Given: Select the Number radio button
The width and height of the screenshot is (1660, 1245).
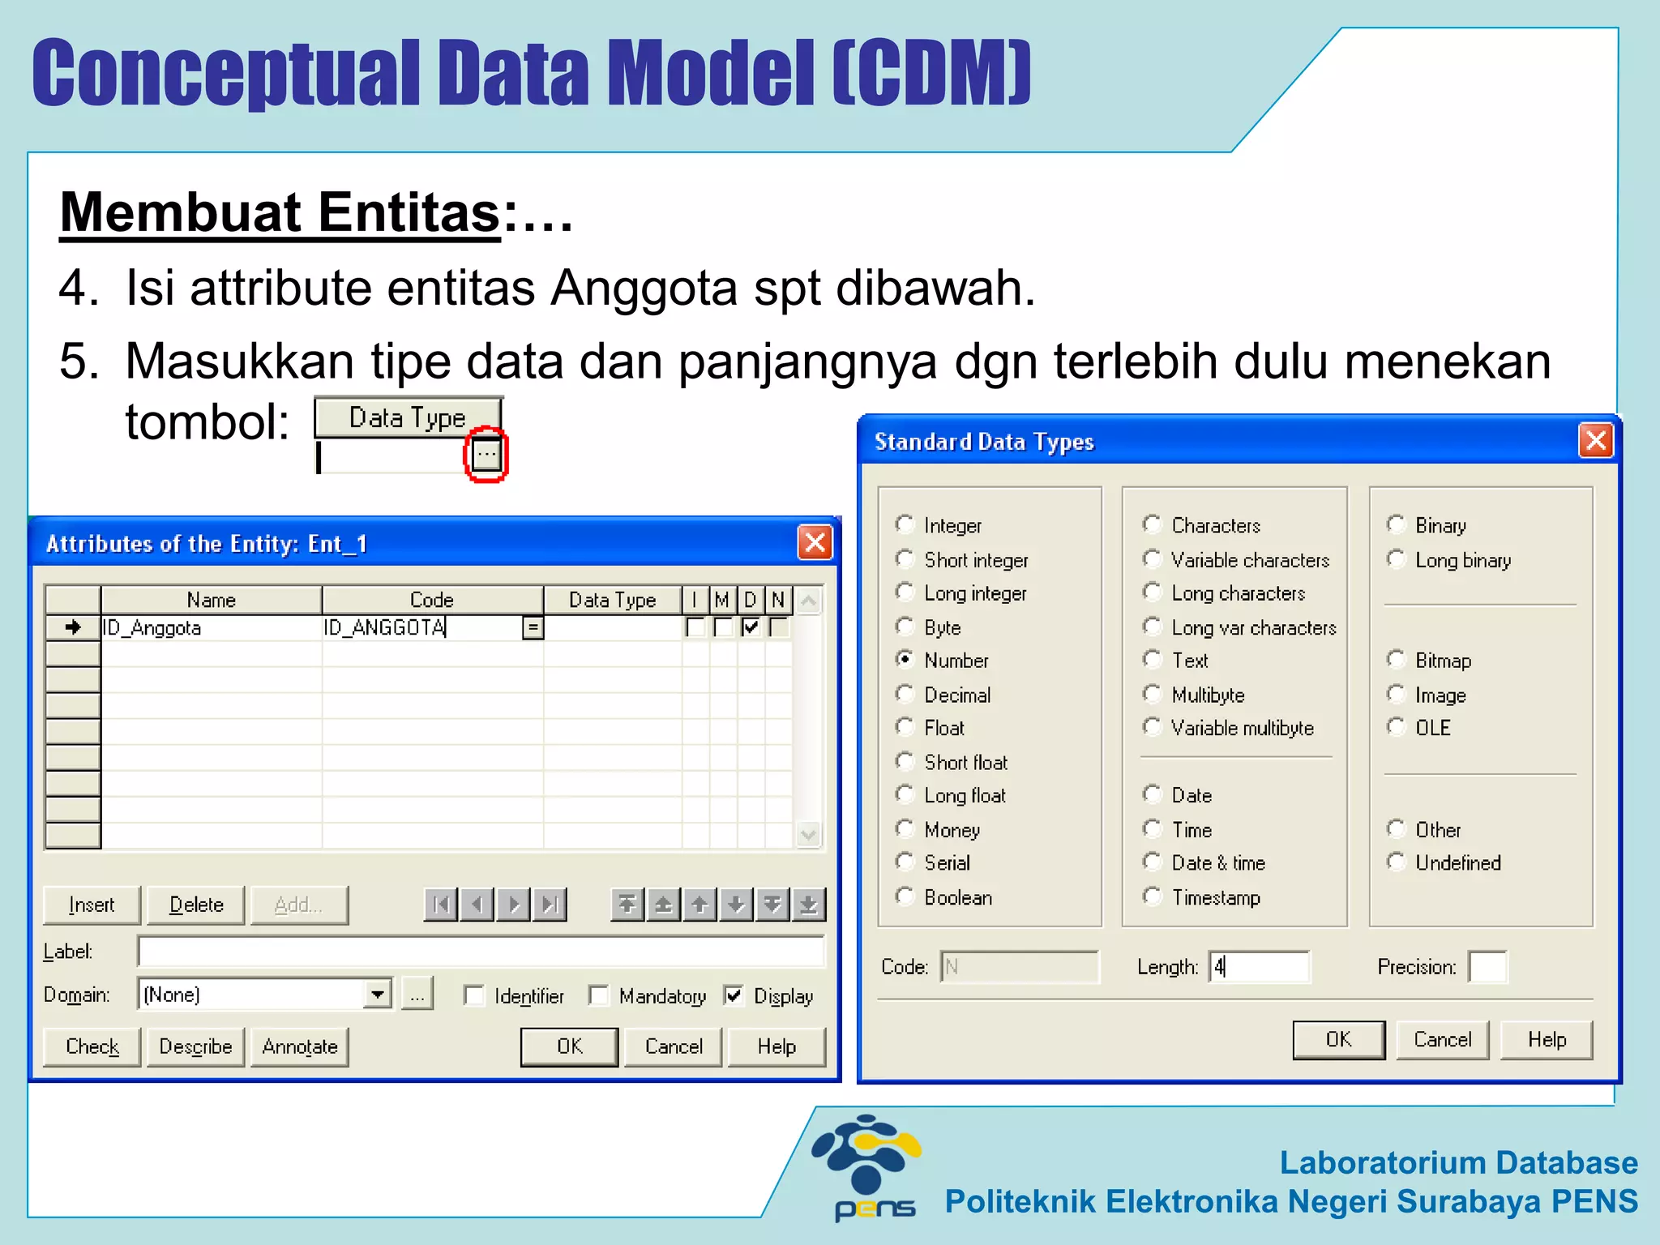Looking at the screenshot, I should click(905, 660).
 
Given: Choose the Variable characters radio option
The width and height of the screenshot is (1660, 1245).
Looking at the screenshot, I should click(1152, 559).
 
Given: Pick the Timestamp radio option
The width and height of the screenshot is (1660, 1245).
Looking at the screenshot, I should click(1152, 896).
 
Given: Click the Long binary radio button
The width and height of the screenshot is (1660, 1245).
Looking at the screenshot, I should click(1396, 559).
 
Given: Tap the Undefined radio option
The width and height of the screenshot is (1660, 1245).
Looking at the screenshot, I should click(1396, 862).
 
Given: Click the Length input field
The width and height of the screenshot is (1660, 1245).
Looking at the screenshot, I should click(1259, 967).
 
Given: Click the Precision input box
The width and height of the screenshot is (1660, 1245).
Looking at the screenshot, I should click(1488, 967).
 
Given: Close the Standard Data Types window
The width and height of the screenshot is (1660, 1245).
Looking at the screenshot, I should click(1596, 441).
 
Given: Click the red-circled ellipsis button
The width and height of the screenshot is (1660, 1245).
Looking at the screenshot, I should click(486, 455).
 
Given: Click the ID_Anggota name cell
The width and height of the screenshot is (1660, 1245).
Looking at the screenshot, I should click(211, 627).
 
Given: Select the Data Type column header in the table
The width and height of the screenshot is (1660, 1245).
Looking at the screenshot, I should click(612, 600).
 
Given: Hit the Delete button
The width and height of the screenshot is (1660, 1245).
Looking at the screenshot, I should click(196, 905).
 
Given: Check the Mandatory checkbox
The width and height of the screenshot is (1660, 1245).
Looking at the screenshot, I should click(599, 995).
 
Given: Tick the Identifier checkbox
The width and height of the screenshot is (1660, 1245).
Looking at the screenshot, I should click(474, 995).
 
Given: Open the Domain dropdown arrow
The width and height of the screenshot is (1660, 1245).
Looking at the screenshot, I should click(378, 995).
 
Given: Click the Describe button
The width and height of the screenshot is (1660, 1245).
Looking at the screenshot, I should click(195, 1046).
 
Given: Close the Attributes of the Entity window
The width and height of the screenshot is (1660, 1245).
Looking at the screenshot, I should click(815, 542).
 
